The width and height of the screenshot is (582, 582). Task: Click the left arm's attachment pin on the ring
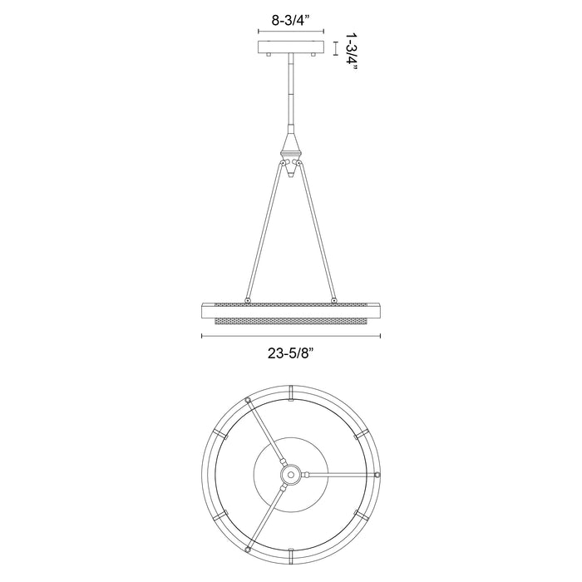point(247,299)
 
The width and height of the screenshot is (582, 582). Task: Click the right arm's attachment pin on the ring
point(333,299)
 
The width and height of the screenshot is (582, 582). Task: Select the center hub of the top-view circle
point(290,474)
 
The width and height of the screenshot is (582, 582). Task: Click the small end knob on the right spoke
point(377,475)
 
